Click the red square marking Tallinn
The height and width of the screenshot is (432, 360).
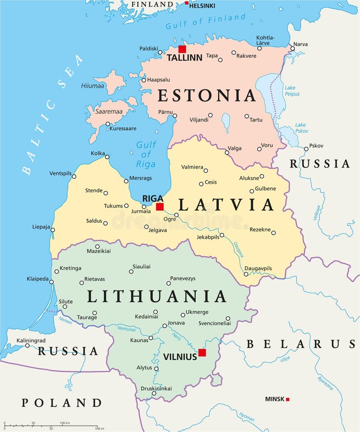(182, 49)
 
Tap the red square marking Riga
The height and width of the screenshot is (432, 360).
(160, 206)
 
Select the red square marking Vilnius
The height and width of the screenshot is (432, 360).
(202, 352)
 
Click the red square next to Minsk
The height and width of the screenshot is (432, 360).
(288, 399)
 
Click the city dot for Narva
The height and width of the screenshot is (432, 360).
(292, 48)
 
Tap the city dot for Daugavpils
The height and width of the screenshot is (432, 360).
(246, 274)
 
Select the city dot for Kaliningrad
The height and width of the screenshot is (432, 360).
(27, 345)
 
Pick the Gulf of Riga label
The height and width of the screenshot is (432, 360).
(146, 154)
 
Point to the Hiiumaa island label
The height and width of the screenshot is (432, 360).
(93, 85)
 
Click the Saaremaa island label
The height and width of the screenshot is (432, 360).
(108, 111)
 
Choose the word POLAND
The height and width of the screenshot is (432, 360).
(61, 403)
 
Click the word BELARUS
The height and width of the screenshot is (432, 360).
(301, 344)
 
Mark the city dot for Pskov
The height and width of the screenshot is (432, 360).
(306, 149)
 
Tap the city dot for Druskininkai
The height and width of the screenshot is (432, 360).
(154, 394)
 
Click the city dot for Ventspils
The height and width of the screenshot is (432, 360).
(74, 176)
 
